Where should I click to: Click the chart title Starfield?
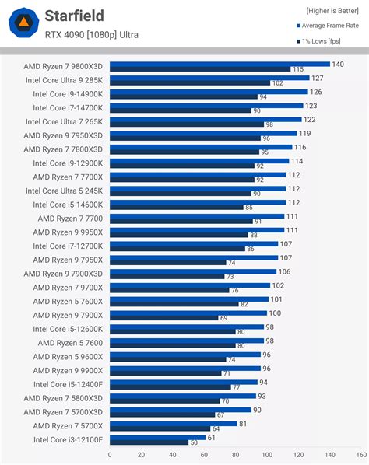click(x=74, y=16)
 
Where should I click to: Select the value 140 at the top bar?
click(x=337, y=64)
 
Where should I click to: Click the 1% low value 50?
click(x=194, y=442)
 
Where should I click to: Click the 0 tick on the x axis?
click(x=110, y=455)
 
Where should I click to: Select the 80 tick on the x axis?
click(x=235, y=455)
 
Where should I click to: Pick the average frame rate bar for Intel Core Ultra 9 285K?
click(x=209, y=78)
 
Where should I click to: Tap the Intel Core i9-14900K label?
click(x=69, y=93)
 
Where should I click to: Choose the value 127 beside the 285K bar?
click(x=317, y=78)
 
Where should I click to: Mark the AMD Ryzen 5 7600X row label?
click(x=67, y=301)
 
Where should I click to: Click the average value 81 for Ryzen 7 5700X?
click(x=244, y=424)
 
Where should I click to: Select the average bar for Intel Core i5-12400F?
click(x=184, y=383)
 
